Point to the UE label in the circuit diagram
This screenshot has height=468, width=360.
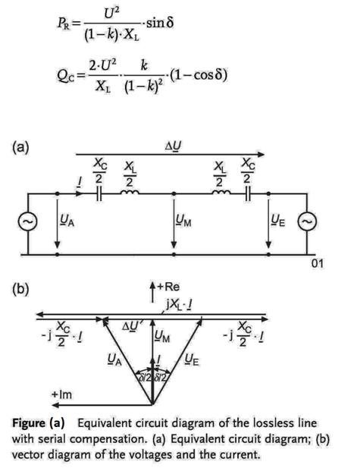click(278, 221)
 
